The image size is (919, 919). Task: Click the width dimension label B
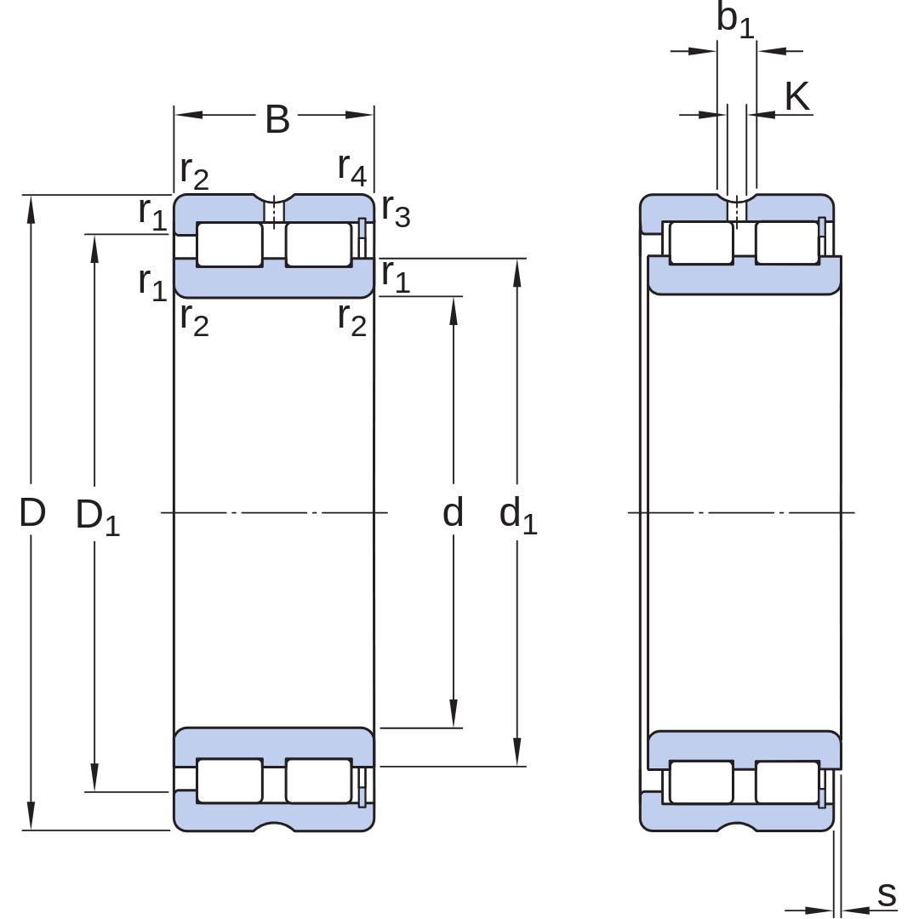[x=277, y=120]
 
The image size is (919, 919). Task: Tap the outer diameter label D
[x=32, y=512]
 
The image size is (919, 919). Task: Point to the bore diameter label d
[x=453, y=511]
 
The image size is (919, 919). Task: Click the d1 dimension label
[x=518, y=516]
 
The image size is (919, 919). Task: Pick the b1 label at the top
[x=735, y=20]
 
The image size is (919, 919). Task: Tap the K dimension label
[x=797, y=96]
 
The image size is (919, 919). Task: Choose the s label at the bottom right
[x=887, y=895]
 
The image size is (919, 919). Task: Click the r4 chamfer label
[x=352, y=169]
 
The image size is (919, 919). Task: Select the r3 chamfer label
[x=397, y=211]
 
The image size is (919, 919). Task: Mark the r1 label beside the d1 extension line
[x=396, y=277]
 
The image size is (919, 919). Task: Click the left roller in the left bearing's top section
[x=230, y=244]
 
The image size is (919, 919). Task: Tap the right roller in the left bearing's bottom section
[x=319, y=780]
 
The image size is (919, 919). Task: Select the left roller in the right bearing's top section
[x=701, y=243]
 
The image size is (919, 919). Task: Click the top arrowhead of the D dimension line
[x=31, y=209]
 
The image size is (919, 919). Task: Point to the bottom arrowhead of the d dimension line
[x=453, y=713]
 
